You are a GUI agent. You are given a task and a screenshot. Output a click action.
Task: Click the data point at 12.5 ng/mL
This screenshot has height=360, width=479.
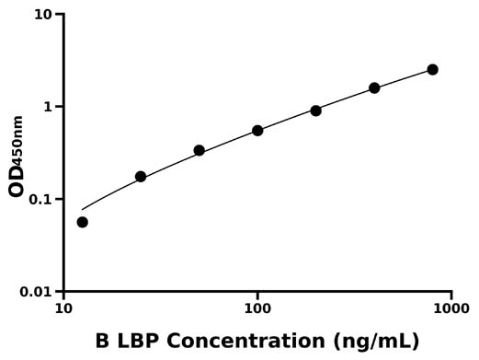click(x=83, y=222)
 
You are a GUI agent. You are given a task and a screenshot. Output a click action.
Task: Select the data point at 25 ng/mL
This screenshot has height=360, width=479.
click(x=141, y=177)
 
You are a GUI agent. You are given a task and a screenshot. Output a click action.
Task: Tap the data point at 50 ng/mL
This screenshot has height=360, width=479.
click(x=200, y=150)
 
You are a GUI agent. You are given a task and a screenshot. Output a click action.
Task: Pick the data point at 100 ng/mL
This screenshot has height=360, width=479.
click(x=257, y=131)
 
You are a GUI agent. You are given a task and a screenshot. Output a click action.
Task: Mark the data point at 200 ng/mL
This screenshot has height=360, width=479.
click(x=316, y=110)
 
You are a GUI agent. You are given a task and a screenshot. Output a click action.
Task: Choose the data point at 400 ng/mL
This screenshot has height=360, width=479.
click(x=374, y=88)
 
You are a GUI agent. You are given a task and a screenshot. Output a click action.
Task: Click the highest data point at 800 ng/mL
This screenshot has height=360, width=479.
click(x=433, y=70)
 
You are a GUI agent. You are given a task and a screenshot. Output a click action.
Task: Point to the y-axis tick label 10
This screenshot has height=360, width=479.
click(x=42, y=15)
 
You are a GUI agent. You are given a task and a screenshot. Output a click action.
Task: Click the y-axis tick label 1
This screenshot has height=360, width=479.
click(x=48, y=107)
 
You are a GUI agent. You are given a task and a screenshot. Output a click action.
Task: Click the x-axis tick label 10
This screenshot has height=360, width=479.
click(x=63, y=310)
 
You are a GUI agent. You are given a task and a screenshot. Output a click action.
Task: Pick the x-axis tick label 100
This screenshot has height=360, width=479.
click(x=257, y=310)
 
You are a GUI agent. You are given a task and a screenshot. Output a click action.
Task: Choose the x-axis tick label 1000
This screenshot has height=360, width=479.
click(x=450, y=310)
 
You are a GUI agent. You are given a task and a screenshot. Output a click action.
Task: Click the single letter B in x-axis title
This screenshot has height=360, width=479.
click(x=102, y=341)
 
